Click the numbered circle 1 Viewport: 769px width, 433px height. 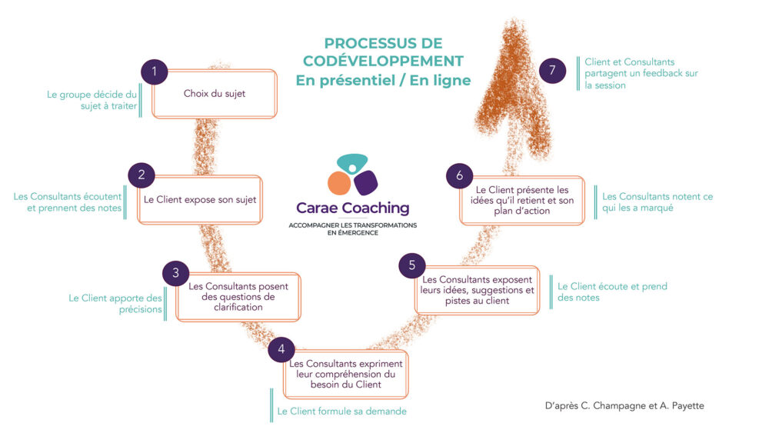coord(155,72)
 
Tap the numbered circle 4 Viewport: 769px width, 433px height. coord(281,349)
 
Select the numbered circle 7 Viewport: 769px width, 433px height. coord(551,71)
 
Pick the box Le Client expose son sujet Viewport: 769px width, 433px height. coord(200,199)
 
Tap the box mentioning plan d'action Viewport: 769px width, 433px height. coord(522,200)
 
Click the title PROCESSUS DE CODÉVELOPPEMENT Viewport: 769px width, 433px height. coord(383,52)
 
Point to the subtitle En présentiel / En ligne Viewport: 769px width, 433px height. coord(383,80)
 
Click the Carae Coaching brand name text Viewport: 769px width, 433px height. coord(353,208)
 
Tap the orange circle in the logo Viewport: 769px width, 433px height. coord(339,183)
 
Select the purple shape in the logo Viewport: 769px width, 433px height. coord(365,182)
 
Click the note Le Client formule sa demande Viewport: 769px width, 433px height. coord(341,411)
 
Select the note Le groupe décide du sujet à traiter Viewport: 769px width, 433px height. coord(92,101)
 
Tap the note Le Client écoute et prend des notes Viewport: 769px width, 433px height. coord(611,291)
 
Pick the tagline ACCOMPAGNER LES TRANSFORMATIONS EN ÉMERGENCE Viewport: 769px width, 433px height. coord(352,228)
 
